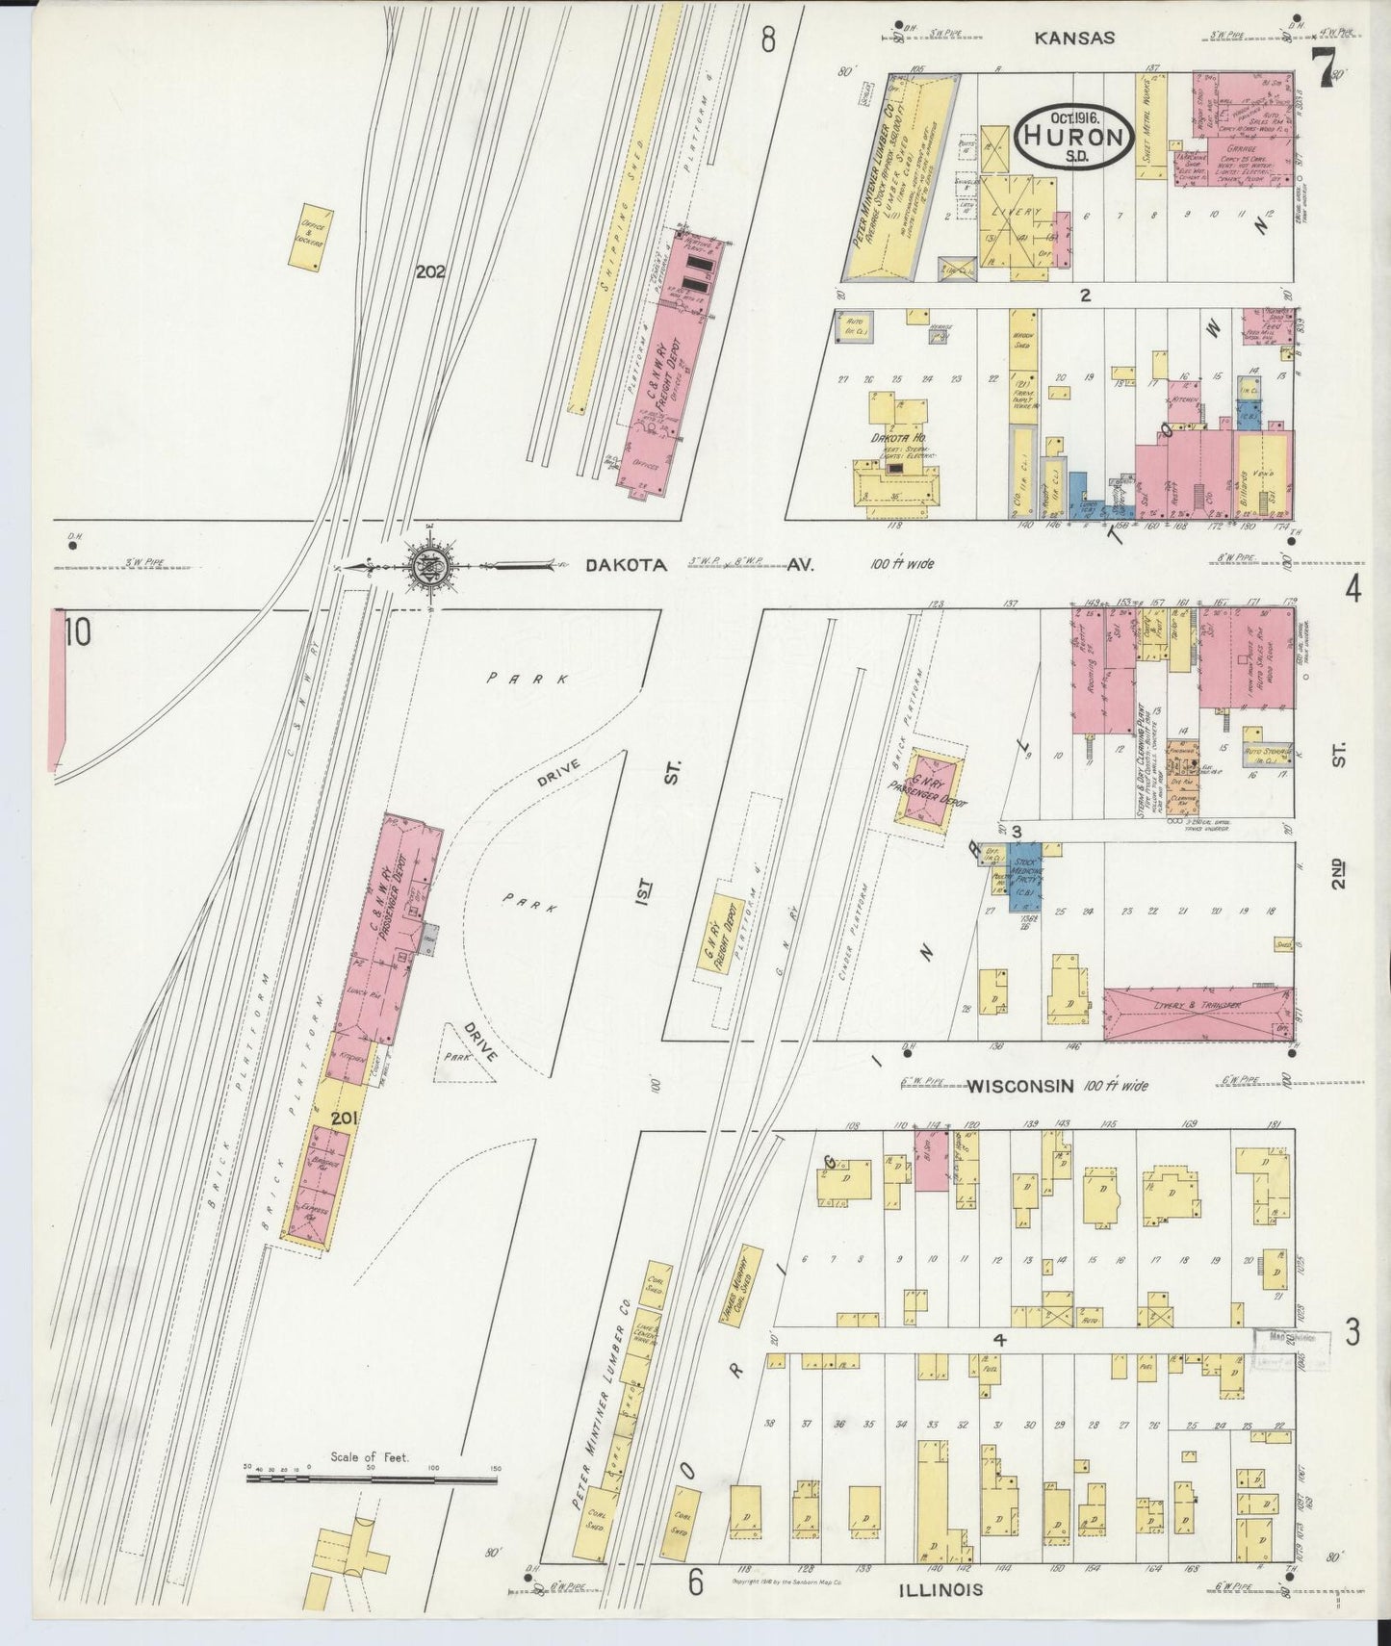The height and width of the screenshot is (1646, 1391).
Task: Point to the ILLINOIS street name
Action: (940, 1589)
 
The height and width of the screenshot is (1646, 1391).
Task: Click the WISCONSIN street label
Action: (1020, 1086)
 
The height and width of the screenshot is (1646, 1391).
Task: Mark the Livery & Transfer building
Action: (1197, 1013)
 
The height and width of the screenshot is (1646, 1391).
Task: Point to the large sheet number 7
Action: (1327, 67)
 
